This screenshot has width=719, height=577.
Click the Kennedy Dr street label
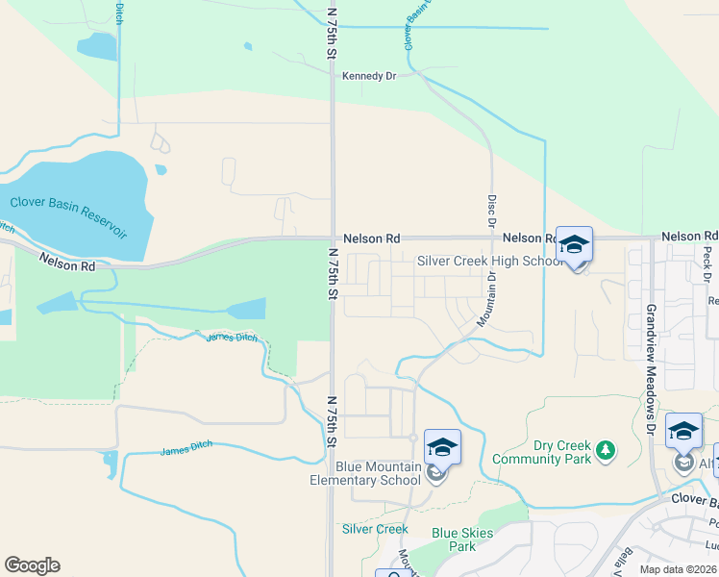coord(369,76)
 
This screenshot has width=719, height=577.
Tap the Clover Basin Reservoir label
coord(68,216)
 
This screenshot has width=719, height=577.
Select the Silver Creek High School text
coord(490,261)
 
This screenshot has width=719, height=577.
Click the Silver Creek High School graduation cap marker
coord(574,246)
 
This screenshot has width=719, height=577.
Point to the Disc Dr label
coord(491,211)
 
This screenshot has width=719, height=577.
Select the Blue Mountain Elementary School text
coord(365,473)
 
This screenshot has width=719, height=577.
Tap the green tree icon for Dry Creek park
coord(605,449)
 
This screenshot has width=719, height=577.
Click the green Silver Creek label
coord(375,529)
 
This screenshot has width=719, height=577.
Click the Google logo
coord(32,565)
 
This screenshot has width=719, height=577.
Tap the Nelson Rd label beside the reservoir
coord(67,261)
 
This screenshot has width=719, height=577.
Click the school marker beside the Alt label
coord(683,434)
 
